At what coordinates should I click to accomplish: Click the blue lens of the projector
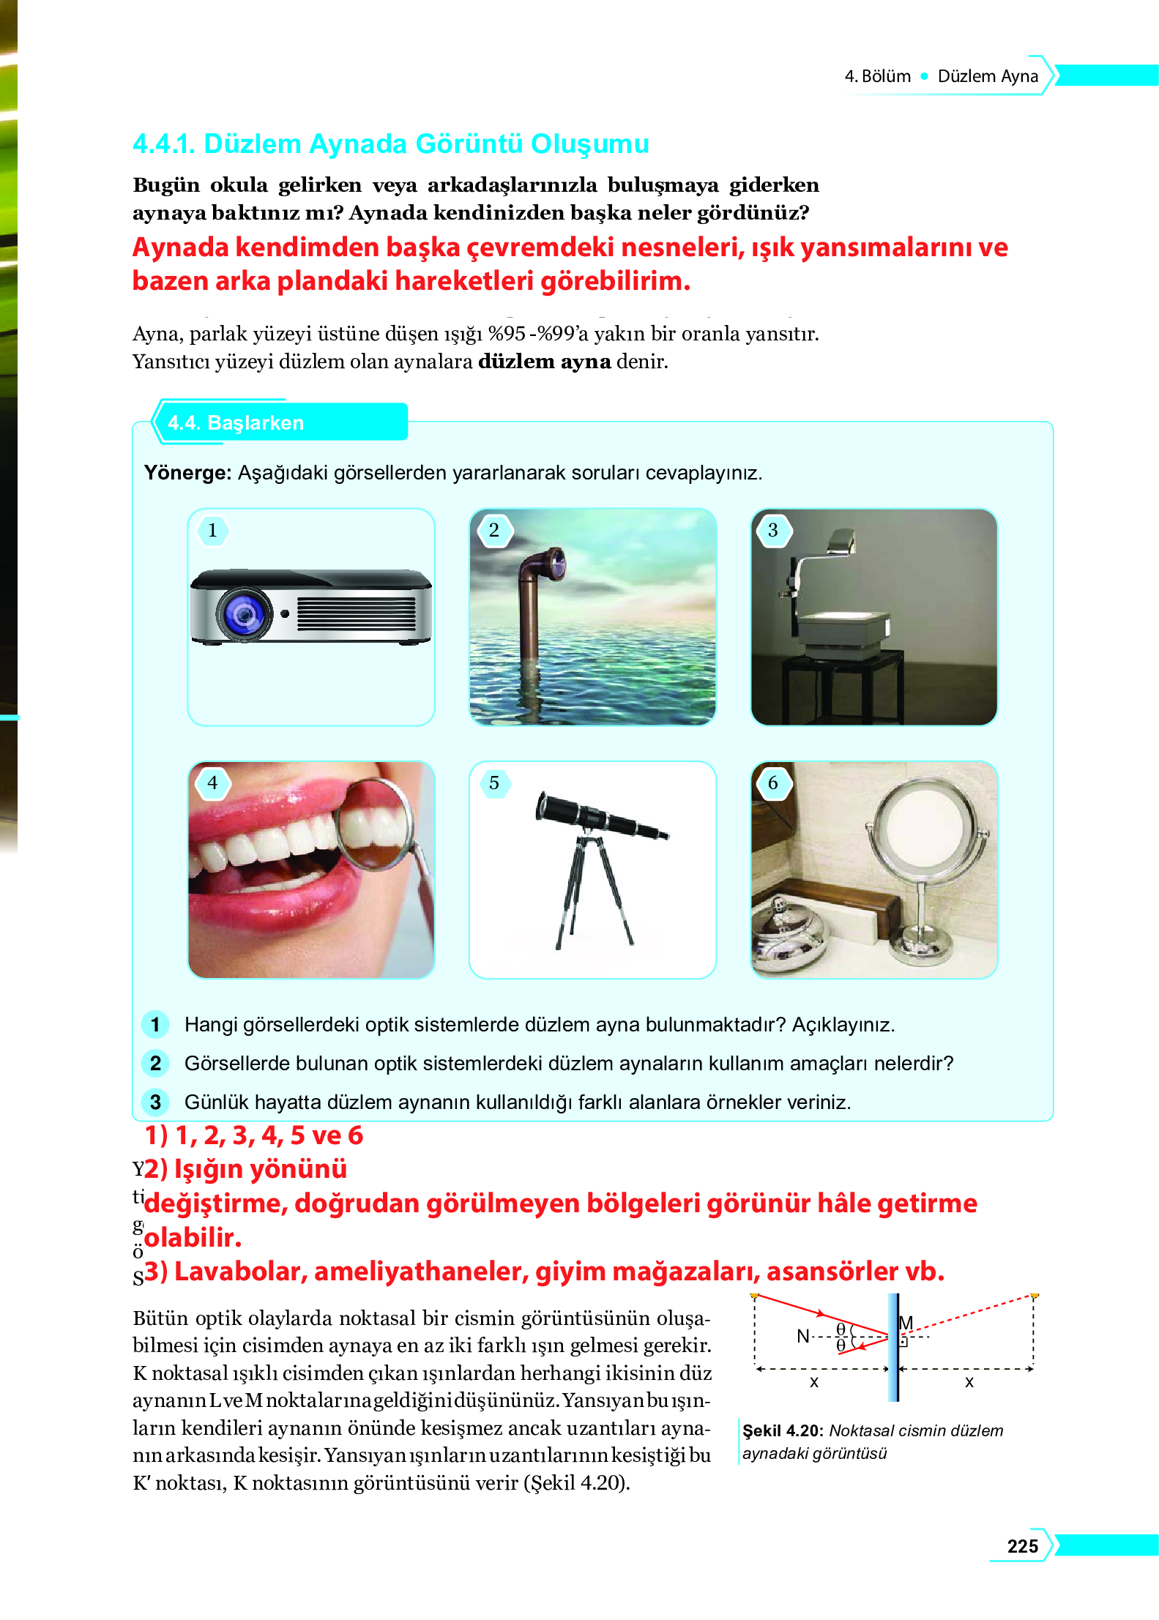[244, 614]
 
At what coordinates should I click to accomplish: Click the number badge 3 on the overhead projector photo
[772, 530]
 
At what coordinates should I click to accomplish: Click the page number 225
[1022, 1546]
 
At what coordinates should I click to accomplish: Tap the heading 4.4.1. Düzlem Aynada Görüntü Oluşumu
[390, 144]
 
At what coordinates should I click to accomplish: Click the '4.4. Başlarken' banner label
[236, 423]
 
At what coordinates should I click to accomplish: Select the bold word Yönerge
[187, 473]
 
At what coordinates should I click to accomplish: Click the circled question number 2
[155, 1064]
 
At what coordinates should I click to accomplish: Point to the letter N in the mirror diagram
[803, 1336]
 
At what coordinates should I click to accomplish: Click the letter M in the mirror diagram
[906, 1323]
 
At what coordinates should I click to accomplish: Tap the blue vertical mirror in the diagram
[893, 1347]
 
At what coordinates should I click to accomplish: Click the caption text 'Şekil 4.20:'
[783, 1430]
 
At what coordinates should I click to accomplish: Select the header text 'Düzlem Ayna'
[987, 76]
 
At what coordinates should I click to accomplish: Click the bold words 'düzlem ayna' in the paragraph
[544, 362]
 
